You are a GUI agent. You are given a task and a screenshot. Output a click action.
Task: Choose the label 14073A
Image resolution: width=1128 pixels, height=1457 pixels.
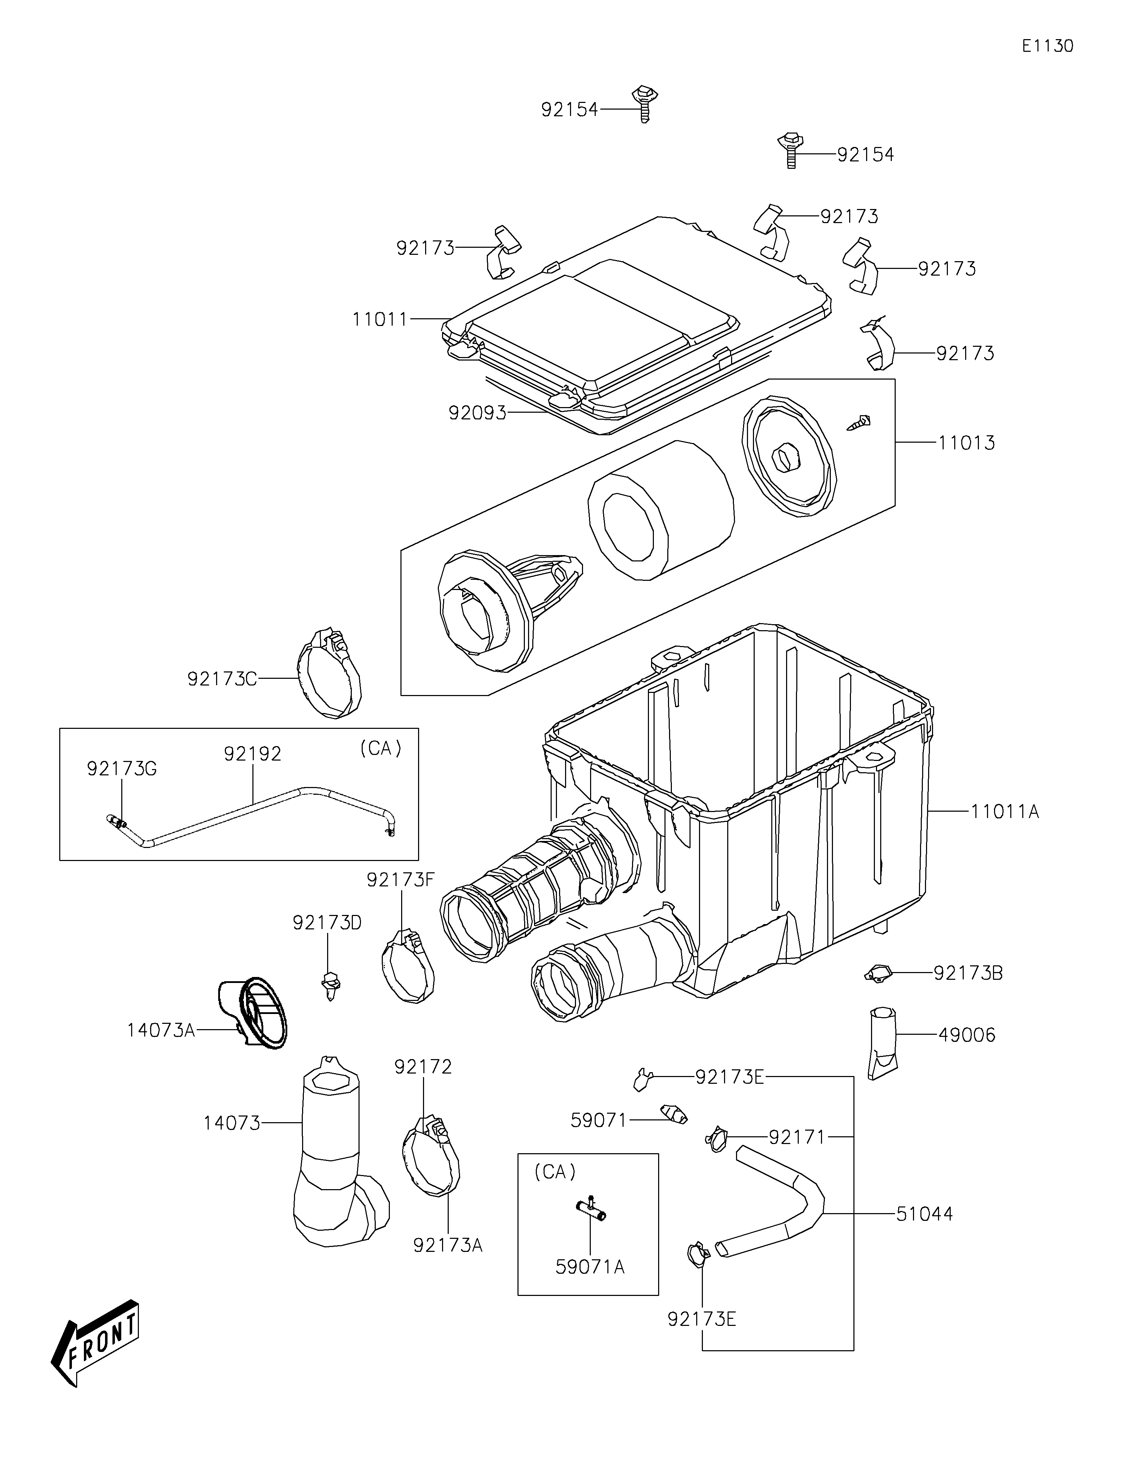click(161, 1030)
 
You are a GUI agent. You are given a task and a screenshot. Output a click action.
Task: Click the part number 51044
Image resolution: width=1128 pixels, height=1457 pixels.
click(925, 1213)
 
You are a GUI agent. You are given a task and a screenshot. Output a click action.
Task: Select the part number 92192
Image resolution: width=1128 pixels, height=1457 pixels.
click(253, 754)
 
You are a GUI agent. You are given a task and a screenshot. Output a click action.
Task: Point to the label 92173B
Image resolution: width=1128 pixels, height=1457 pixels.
click(968, 973)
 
